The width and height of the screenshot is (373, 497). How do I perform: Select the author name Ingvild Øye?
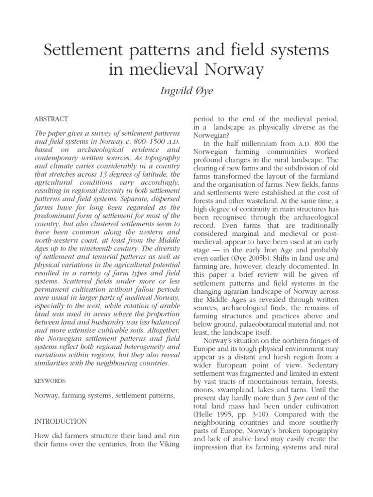point(186,91)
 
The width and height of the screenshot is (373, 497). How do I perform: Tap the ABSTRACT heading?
point(51,119)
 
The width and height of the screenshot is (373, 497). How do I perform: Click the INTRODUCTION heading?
point(61,421)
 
